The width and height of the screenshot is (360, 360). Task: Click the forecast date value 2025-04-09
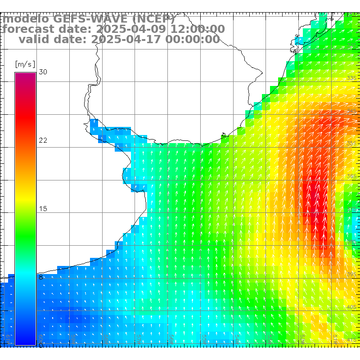click(x=128, y=29)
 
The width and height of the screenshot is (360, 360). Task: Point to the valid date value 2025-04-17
click(x=126, y=40)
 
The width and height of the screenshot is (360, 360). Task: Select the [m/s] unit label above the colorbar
click(x=25, y=64)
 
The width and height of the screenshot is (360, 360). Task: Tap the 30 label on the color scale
click(x=43, y=72)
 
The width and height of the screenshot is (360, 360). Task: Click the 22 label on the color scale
click(x=43, y=140)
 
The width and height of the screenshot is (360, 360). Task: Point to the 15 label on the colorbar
click(x=43, y=209)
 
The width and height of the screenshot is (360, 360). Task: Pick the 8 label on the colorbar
click(x=40, y=277)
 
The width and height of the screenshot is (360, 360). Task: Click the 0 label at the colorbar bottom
click(x=40, y=345)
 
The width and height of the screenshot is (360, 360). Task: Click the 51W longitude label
click(x=336, y=337)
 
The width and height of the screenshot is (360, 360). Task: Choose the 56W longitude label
click(x=171, y=337)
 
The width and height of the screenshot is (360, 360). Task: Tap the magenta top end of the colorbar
click(x=25, y=75)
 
